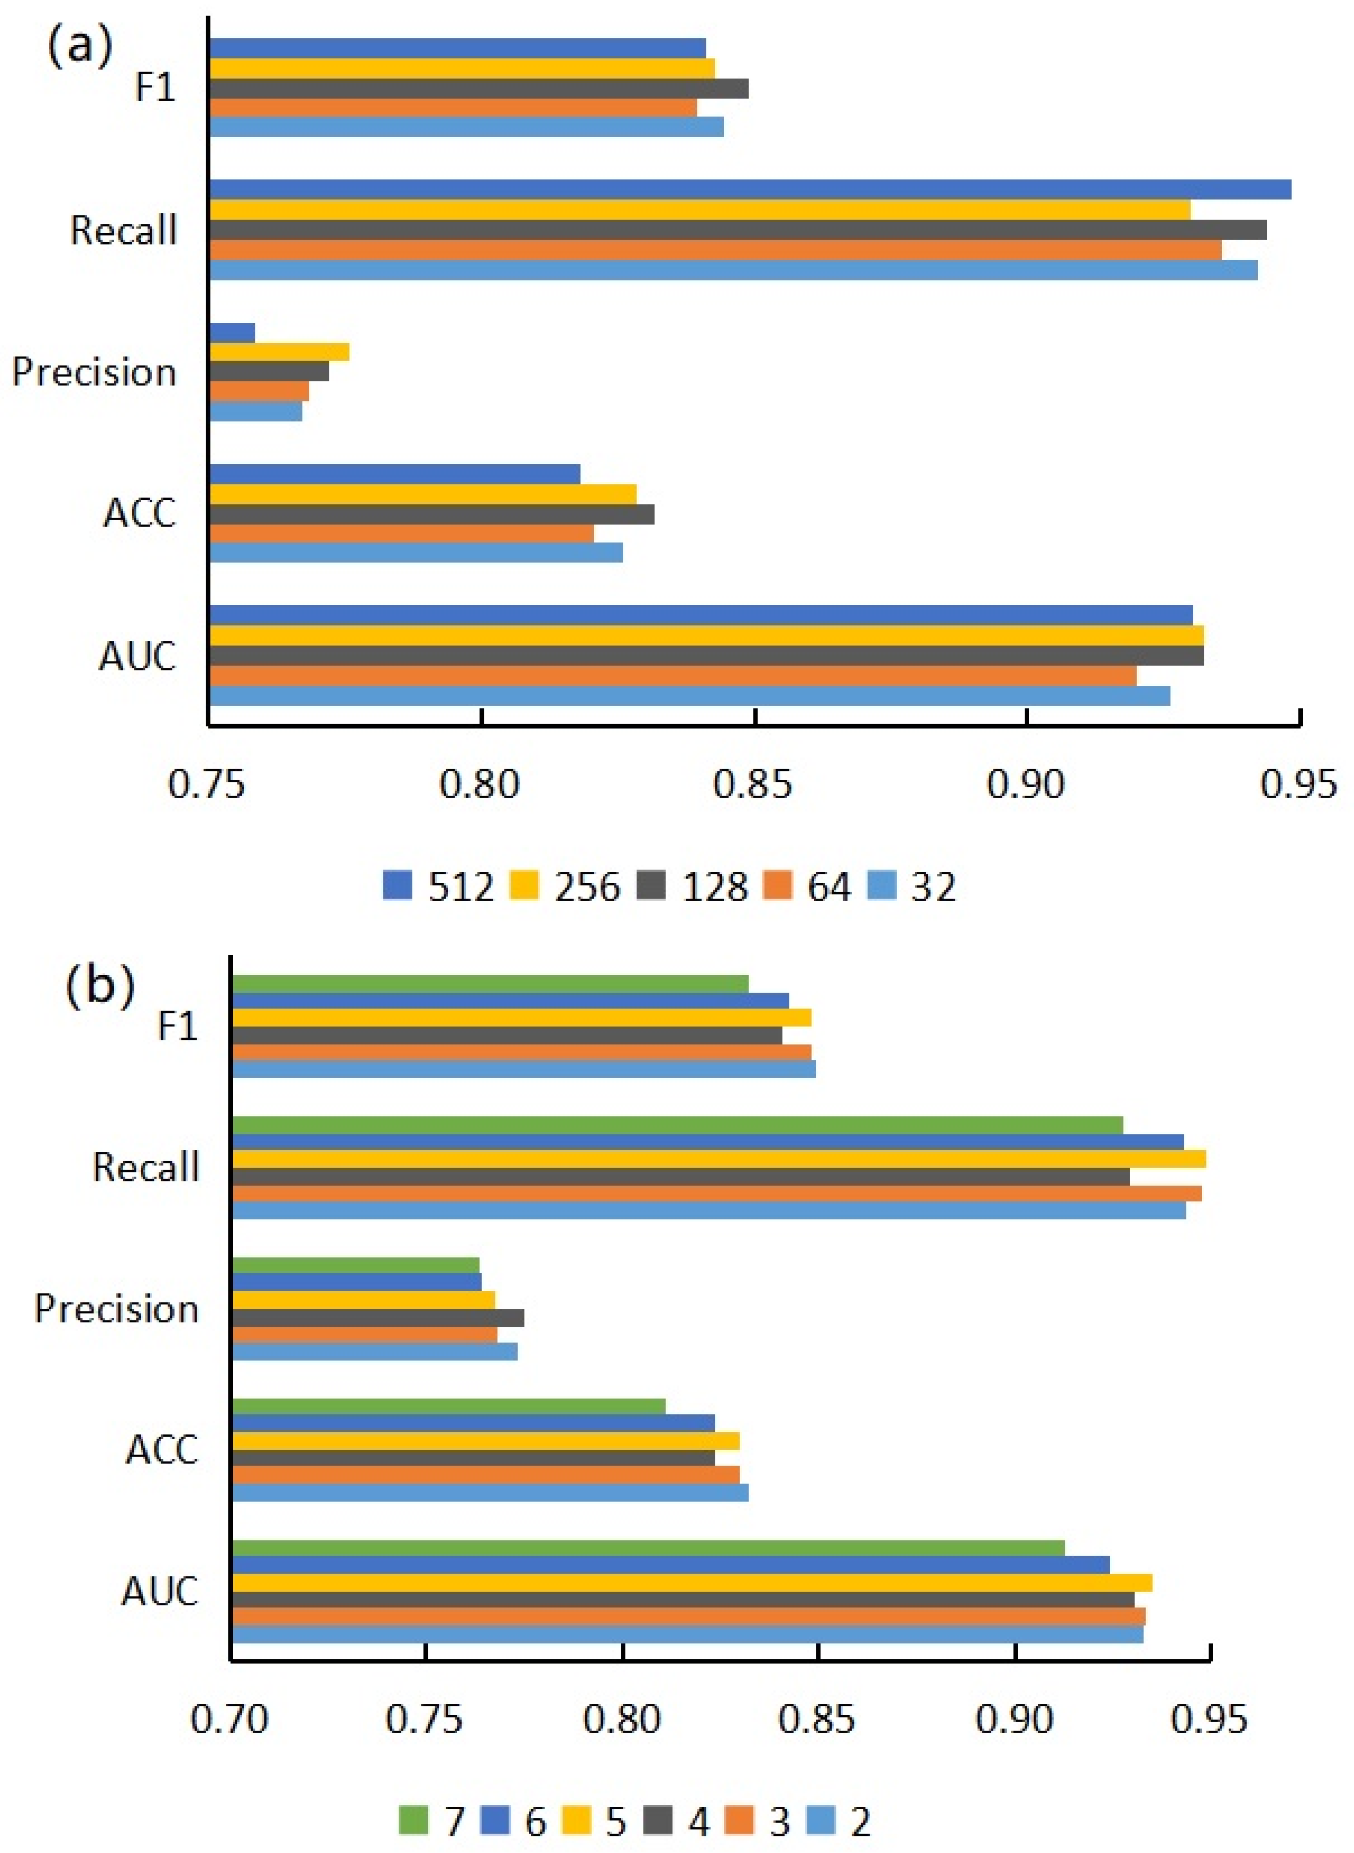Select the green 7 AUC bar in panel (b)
[648, 1548]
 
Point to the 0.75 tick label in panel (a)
[206, 784]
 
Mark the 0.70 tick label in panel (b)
[229, 1718]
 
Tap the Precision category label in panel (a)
[94, 372]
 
